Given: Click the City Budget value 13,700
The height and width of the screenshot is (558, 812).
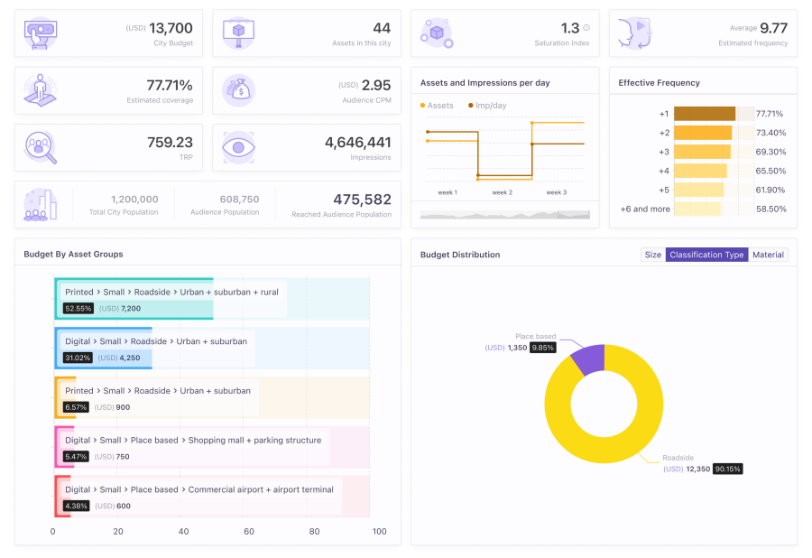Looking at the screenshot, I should pyautogui.click(x=171, y=29).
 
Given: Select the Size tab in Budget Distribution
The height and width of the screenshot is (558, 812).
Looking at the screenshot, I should pyautogui.click(x=652, y=255).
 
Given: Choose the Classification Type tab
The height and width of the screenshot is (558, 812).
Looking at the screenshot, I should pyautogui.click(x=706, y=255).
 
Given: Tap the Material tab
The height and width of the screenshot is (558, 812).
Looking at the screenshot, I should pyautogui.click(x=768, y=255).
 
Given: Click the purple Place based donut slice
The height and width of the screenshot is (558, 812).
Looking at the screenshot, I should pyautogui.click(x=587, y=358).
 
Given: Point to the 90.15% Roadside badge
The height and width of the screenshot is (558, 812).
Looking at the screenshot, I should pyautogui.click(x=727, y=469).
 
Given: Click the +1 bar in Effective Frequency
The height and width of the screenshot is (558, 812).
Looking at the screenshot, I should pyautogui.click(x=705, y=114).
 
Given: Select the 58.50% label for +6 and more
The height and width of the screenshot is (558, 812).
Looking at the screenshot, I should pyautogui.click(x=770, y=209).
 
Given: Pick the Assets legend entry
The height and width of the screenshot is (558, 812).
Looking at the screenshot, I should pyautogui.click(x=439, y=106).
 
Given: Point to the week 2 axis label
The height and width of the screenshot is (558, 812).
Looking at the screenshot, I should pyautogui.click(x=502, y=192).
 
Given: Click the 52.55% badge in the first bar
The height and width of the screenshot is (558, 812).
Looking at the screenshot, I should pyautogui.click(x=78, y=308).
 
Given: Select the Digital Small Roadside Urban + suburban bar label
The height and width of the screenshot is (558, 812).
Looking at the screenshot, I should pyautogui.click(x=155, y=341).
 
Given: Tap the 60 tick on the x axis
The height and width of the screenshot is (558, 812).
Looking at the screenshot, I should pyautogui.click(x=249, y=531).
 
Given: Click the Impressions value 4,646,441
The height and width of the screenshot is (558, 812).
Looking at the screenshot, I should pyautogui.click(x=357, y=143).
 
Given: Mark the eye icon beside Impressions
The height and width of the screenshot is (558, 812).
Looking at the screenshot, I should pyautogui.click(x=239, y=147).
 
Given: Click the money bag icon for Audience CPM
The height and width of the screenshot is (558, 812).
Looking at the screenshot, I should pyautogui.click(x=239, y=90).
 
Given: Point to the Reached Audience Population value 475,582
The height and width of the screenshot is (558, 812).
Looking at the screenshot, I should pyautogui.click(x=361, y=200).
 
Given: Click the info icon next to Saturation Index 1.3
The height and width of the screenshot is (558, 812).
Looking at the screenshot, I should pyautogui.click(x=586, y=28).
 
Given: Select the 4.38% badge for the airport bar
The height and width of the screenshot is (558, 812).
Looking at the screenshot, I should pyautogui.click(x=77, y=506).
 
